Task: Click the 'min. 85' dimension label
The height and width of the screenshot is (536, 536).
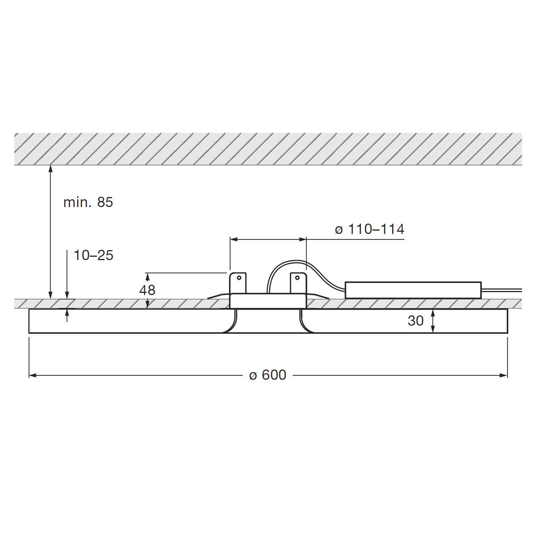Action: pyautogui.click(x=88, y=202)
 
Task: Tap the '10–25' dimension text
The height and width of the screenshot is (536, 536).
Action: pyautogui.click(x=93, y=255)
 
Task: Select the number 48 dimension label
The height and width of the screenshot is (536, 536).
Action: pyautogui.click(x=147, y=290)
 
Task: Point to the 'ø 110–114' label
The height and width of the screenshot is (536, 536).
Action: pyautogui.click(x=370, y=229)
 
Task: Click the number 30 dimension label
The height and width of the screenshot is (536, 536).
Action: pyautogui.click(x=415, y=321)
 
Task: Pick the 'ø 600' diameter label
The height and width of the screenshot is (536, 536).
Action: pyautogui.click(x=268, y=375)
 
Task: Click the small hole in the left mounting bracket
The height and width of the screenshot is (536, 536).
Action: pyautogui.click(x=239, y=277)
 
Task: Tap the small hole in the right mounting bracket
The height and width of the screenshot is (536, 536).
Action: pyautogui.click(x=297, y=277)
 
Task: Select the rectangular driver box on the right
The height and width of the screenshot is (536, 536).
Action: pyautogui.click(x=413, y=290)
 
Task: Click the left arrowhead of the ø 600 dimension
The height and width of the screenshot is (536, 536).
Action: pyautogui.click(x=32, y=375)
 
